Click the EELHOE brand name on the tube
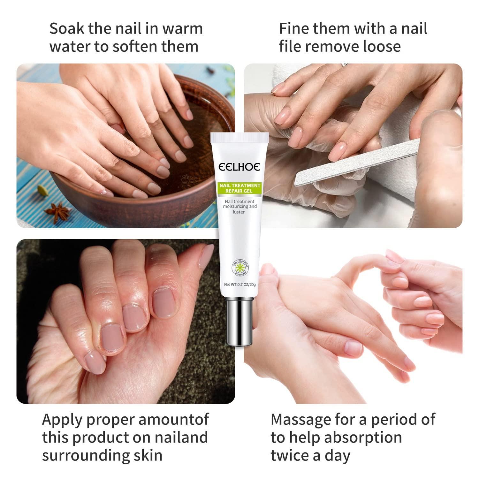239,167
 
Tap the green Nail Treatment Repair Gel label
239,188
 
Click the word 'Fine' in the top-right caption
294,29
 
